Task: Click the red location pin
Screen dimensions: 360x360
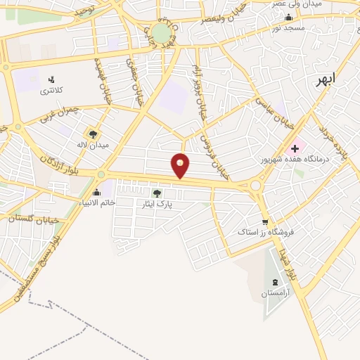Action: pyautogui.click(x=180, y=165)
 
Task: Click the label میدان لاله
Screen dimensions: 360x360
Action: pyautogui.click(x=91, y=145)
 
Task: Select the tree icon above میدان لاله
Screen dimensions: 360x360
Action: pyautogui.click(x=91, y=134)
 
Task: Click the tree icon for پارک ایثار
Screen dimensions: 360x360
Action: pyautogui.click(x=156, y=193)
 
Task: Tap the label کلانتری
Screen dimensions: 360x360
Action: pyautogui.click(x=51, y=91)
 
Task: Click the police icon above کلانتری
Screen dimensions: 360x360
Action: pyautogui.click(x=51, y=79)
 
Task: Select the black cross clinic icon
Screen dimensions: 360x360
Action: pyautogui.click(x=294, y=148)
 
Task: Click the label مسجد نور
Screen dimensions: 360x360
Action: pyautogui.click(x=288, y=27)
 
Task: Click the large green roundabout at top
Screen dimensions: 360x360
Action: pyautogui.click(x=161, y=33)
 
